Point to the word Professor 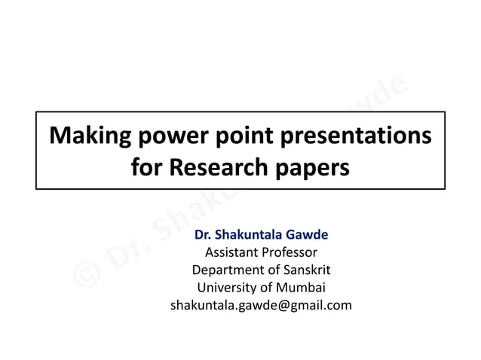[289, 252]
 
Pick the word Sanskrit [305, 270]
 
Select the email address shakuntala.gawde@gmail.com [261, 305]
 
